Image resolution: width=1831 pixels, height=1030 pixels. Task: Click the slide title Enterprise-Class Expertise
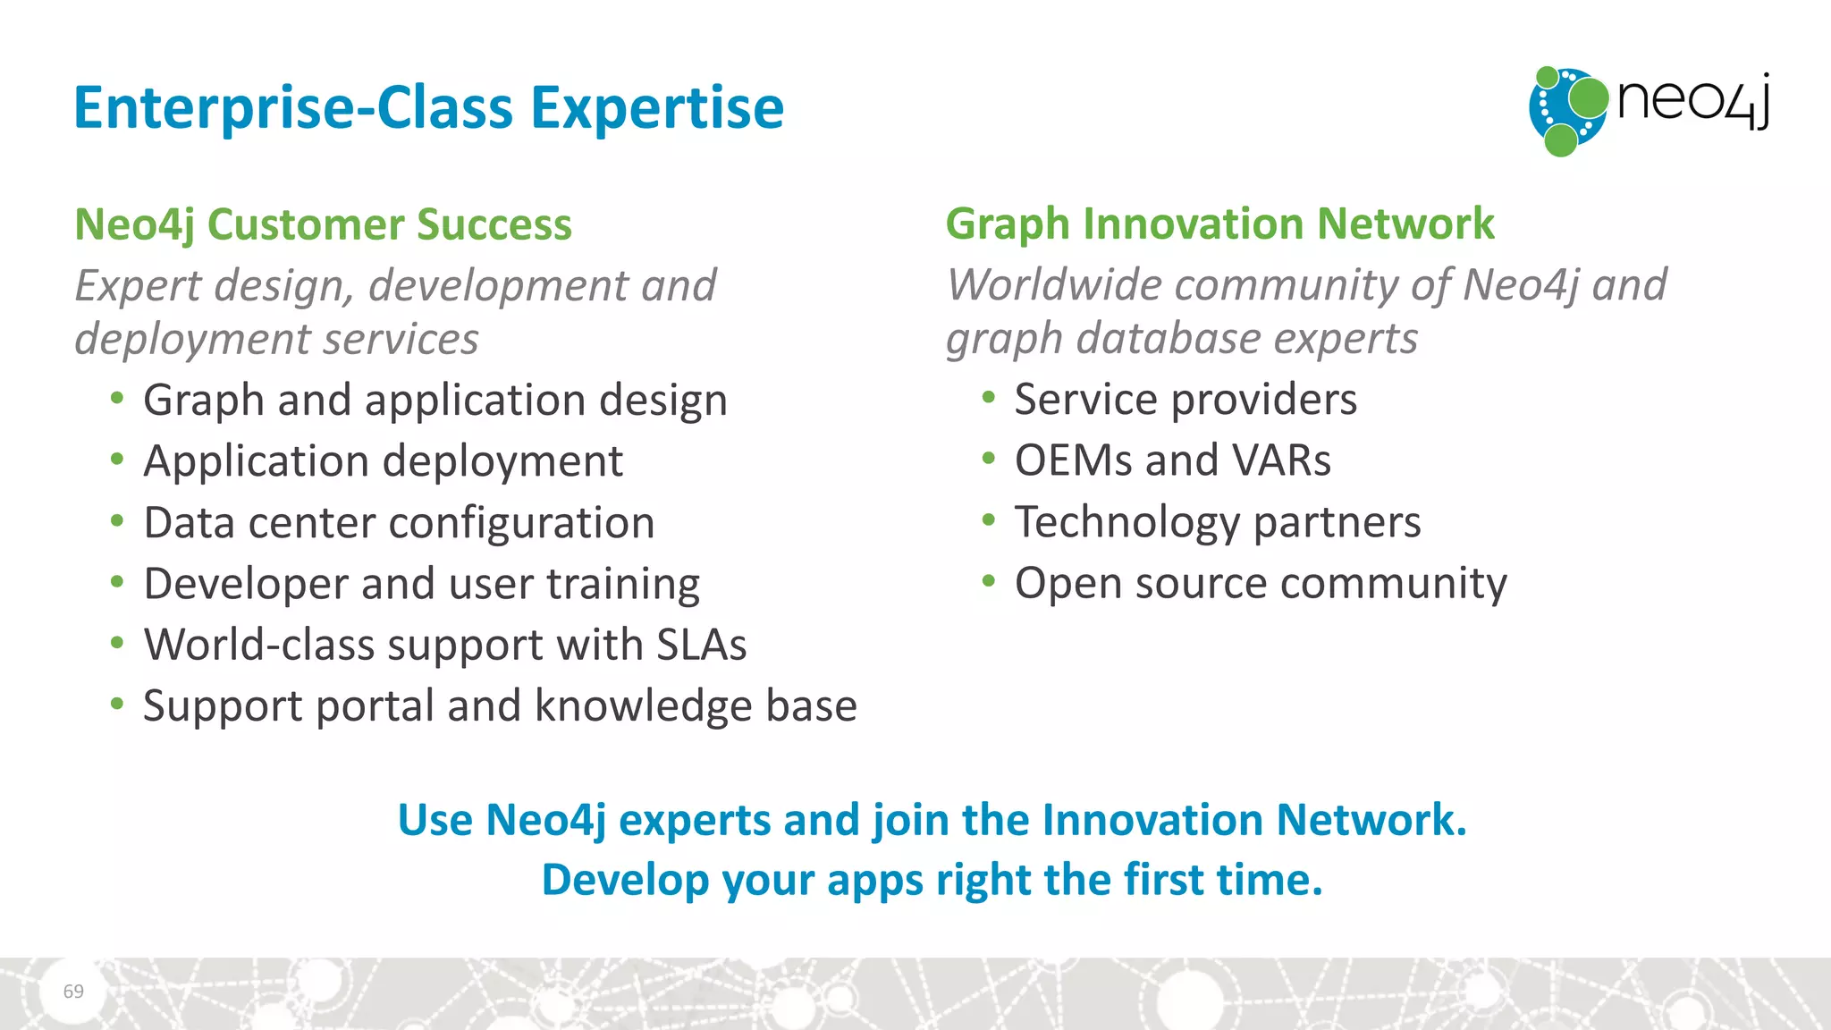pyautogui.click(x=428, y=108)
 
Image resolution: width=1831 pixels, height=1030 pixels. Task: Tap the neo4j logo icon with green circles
pyautogui.click(x=1567, y=111)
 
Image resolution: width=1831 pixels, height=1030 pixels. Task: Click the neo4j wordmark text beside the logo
pyautogui.click(x=1692, y=101)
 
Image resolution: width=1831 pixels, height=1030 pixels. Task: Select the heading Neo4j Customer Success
pyautogui.click(x=323, y=224)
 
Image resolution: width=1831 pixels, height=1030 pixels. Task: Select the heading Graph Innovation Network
pyautogui.click(x=1219, y=224)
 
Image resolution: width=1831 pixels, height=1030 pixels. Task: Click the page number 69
pyautogui.click(x=73, y=991)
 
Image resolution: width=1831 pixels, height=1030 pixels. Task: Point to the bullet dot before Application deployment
pyautogui.click(x=117, y=460)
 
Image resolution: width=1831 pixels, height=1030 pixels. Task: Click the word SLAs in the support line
pyautogui.click(x=701, y=645)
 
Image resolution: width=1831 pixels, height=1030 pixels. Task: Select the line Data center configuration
pyautogui.click(x=399, y=523)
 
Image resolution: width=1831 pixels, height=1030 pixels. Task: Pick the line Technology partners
pyautogui.click(x=1217, y=522)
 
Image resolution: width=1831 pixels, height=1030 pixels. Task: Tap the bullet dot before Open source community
pyautogui.click(x=988, y=582)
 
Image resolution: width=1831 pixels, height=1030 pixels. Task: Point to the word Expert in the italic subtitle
pyautogui.click(x=138, y=286)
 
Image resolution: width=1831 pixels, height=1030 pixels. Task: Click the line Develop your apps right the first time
pyautogui.click(x=932, y=880)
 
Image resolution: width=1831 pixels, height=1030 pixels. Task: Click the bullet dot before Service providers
pyautogui.click(x=988, y=398)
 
